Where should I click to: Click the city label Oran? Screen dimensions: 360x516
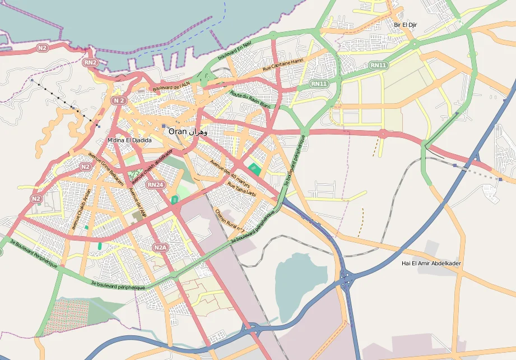tap(178, 131)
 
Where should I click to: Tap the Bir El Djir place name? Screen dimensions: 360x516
tap(406, 25)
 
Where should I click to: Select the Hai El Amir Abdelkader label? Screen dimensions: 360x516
tap(431, 263)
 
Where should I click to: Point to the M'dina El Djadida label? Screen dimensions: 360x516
tap(129, 140)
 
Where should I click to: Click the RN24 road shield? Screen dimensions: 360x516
tap(155, 184)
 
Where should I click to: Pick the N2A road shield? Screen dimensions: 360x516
tap(160, 247)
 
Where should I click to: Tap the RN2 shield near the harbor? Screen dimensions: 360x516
tap(90, 63)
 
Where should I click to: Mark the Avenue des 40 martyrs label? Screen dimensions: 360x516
tap(230, 173)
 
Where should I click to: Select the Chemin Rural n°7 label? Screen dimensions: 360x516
tap(230, 220)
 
